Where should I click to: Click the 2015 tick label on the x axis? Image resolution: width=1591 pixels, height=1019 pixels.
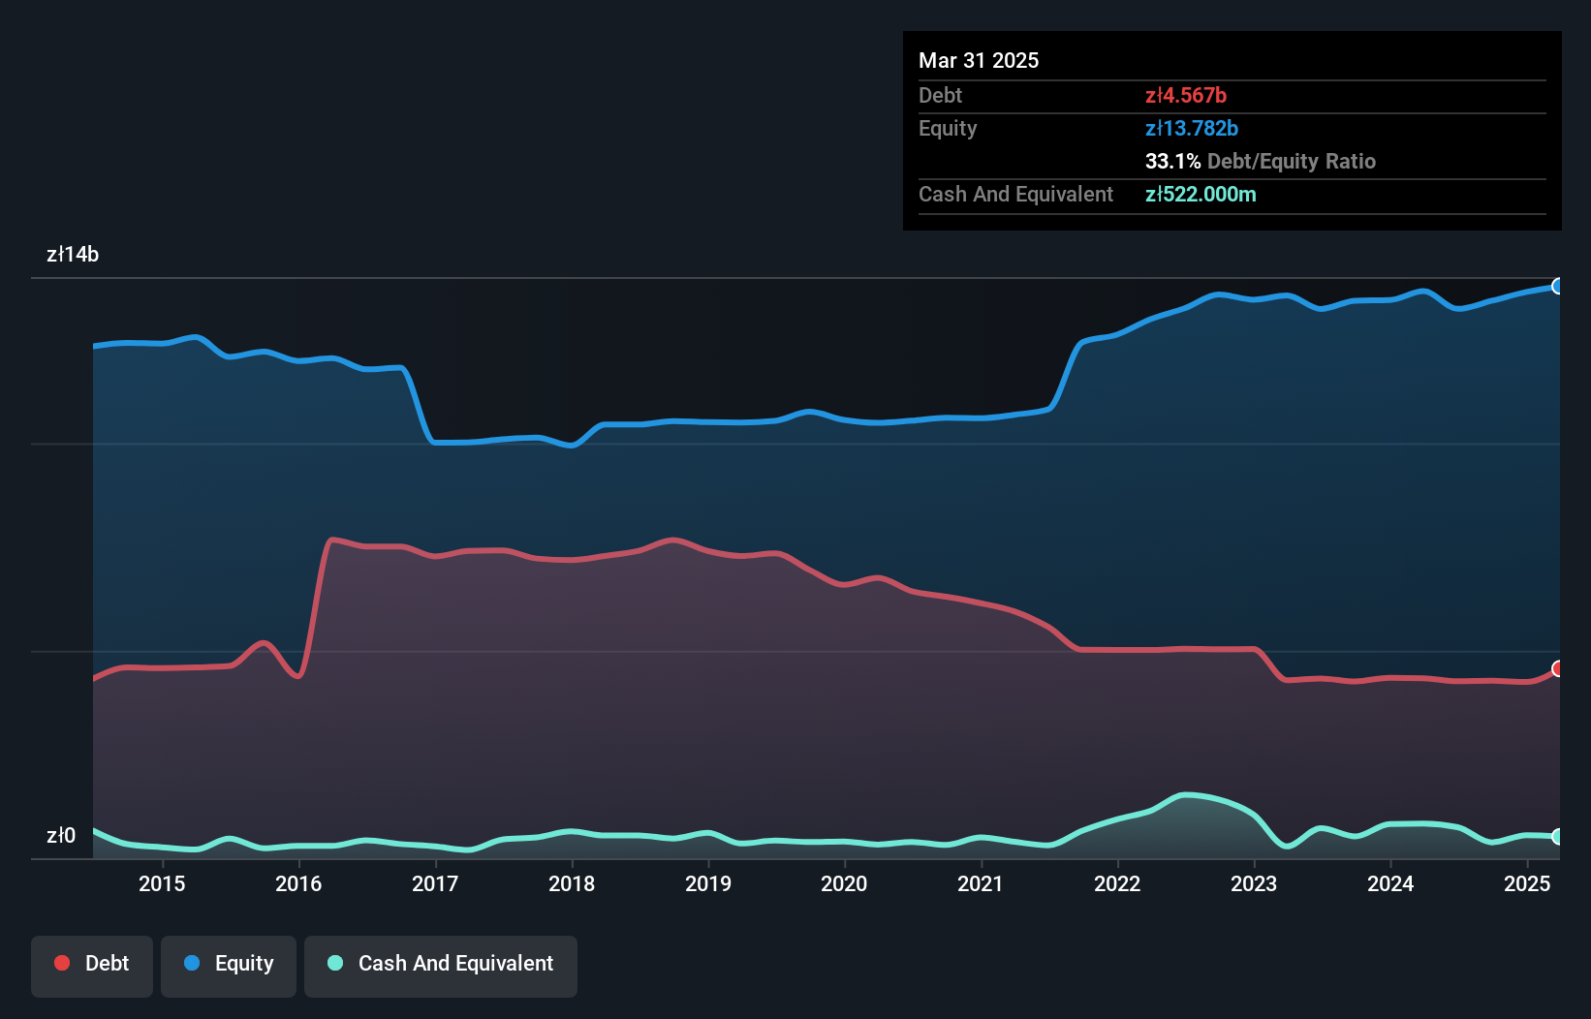pos(162,883)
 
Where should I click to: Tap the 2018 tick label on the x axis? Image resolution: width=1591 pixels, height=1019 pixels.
pos(572,883)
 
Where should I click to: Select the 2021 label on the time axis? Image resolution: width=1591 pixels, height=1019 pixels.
pos(981,883)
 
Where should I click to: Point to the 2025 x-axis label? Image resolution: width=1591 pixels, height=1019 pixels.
pos(1527,883)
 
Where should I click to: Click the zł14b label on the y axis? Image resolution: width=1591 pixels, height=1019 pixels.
pos(73,254)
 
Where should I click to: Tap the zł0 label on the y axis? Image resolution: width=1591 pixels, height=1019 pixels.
pos(61,835)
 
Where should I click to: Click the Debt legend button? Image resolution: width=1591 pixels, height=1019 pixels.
pos(92,964)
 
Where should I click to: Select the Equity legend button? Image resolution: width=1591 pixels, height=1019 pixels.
pos(229,964)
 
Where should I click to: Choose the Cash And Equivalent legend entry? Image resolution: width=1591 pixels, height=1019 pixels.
pos(441,964)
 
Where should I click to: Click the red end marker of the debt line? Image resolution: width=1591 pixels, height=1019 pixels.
pos(1558,668)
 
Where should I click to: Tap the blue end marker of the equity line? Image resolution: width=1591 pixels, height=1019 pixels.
pos(1558,286)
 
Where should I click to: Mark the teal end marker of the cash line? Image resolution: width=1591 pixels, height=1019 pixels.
pos(1558,836)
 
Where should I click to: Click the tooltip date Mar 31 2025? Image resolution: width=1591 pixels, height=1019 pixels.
pos(979,60)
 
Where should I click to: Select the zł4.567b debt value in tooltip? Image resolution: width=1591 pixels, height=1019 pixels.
pos(1186,95)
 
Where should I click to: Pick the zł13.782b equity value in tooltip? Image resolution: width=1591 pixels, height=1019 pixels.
pos(1192,128)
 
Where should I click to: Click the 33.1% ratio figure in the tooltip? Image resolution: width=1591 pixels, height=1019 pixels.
pos(1172,161)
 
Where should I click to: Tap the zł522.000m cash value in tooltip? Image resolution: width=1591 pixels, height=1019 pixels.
pos(1201,194)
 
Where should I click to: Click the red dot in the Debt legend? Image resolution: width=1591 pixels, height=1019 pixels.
pos(62,963)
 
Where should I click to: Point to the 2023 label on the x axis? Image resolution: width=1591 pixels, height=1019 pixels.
pos(1254,883)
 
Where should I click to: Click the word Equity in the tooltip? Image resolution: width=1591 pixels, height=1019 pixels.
pos(948,128)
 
